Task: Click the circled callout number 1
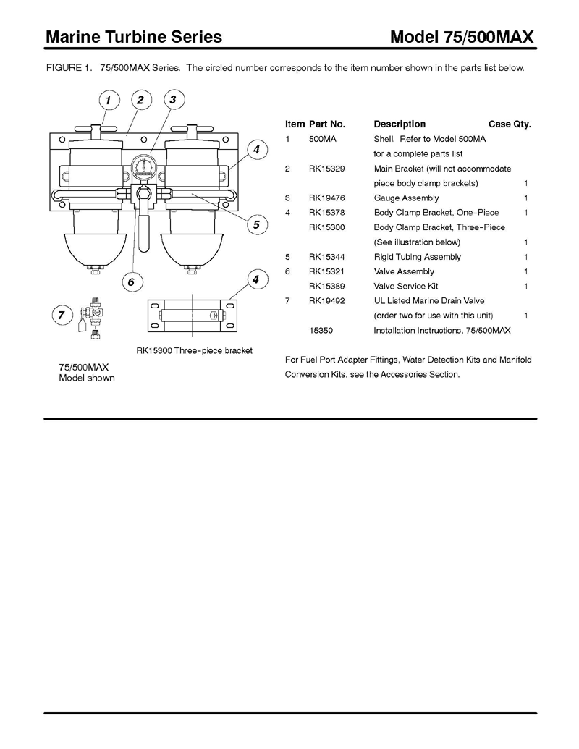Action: (x=108, y=100)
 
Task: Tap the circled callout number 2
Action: (x=140, y=100)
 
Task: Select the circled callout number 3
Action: (x=173, y=100)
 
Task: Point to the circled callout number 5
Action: (x=256, y=225)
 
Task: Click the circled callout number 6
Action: (x=132, y=282)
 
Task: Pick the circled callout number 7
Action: (x=62, y=315)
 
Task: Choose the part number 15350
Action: (x=321, y=331)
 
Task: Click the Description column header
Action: (x=400, y=124)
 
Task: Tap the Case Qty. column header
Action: (x=510, y=124)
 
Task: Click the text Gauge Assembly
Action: (x=406, y=198)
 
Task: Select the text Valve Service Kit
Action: (x=406, y=287)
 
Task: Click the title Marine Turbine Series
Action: (x=133, y=37)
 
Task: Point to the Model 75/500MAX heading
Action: (x=462, y=37)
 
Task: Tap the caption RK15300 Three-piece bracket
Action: (x=194, y=351)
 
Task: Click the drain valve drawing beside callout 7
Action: (x=92, y=315)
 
